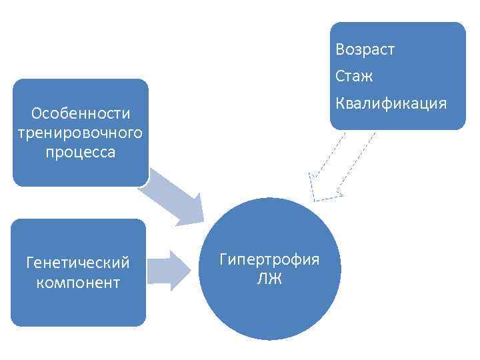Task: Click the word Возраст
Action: coord(365,50)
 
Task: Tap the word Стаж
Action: coord(354,77)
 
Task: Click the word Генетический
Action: coord(78,263)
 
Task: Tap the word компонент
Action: coord(78,283)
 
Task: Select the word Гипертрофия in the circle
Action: coord(269,259)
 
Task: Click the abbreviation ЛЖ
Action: coord(269,279)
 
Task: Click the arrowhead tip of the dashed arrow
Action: coord(316,199)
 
